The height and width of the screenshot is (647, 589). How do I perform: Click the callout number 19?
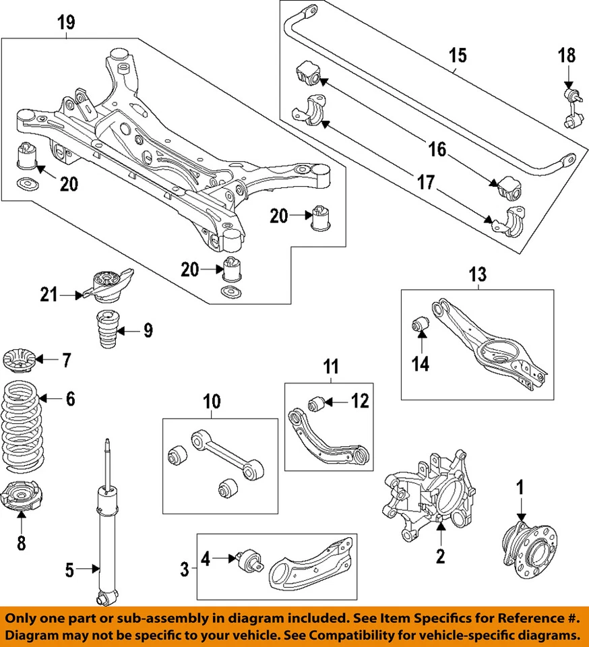[x=66, y=22]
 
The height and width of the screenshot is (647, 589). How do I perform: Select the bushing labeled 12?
[x=316, y=404]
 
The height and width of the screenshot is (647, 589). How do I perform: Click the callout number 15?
[x=458, y=55]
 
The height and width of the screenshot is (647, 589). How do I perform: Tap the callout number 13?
[x=477, y=275]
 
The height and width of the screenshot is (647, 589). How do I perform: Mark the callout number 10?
[x=212, y=402]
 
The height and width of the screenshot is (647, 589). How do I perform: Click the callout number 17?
[x=425, y=182]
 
